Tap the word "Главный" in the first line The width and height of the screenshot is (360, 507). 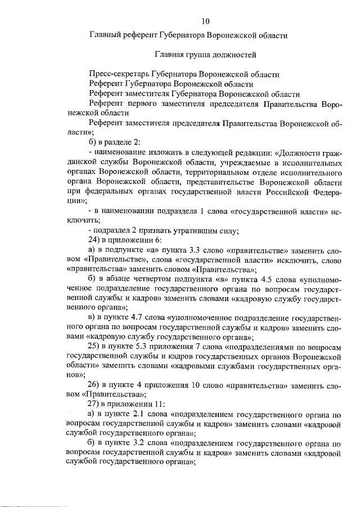(x=106, y=35)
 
